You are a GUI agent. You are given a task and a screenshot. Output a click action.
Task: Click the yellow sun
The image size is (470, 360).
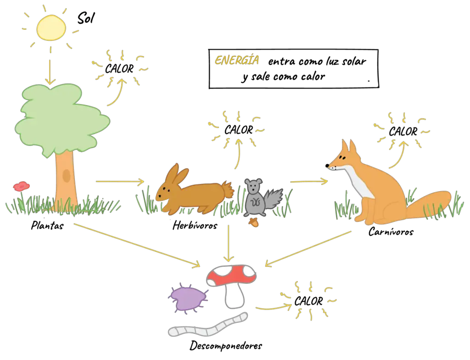(x=51, y=28)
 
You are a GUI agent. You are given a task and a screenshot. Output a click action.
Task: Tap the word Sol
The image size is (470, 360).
(x=86, y=18)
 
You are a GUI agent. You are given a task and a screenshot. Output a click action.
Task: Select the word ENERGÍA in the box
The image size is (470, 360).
(x=237, y=60)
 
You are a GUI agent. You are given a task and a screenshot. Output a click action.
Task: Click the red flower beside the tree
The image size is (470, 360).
(x=21, y=186)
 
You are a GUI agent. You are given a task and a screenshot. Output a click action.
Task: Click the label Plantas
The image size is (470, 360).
(x=47, y=225)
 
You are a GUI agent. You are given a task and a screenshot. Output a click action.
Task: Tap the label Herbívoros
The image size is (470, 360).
(x=195, y=225)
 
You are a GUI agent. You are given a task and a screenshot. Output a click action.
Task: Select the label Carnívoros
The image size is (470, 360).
(x=391, y=232)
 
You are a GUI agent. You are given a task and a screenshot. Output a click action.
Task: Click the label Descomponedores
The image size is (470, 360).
(x=226, y=346)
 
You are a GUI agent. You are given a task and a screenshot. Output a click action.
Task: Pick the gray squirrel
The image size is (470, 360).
(x=261, y=198)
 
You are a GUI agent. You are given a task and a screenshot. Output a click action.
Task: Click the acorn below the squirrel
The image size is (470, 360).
(x=254, y=222)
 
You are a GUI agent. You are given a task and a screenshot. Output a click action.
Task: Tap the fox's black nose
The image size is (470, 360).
(x=327, y=165)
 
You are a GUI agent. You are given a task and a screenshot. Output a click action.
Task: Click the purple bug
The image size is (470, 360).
(x=188, y=299)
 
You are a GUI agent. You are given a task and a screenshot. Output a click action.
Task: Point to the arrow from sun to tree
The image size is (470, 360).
(x=50, y=72)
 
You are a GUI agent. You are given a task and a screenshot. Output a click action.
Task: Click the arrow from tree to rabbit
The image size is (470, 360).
(x=120, y=182)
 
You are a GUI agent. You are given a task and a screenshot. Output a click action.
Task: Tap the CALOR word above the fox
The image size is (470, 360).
(x=403, y=132)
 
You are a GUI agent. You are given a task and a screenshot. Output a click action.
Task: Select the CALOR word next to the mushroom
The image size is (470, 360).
(x=308, y=301)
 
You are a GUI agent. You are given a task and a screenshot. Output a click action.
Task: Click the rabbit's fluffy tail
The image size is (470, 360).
(x=228, y=190)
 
